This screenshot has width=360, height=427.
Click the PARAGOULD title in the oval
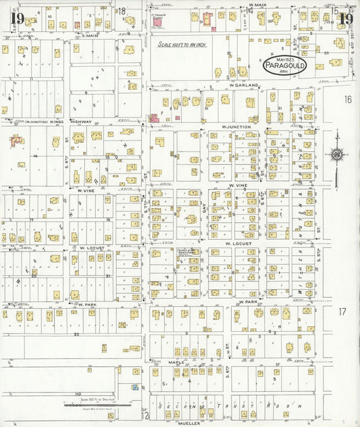(284, 66)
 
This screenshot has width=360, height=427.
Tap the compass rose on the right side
(336, 155)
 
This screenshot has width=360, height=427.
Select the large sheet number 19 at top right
(346, 18)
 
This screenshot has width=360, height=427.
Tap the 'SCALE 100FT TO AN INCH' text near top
(185, 45)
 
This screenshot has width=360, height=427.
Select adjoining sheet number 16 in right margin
(347, 99)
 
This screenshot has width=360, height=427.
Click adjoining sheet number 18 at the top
(123, 10)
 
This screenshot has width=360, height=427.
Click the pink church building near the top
(158, 22)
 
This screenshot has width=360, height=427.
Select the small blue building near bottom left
(134, 387)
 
